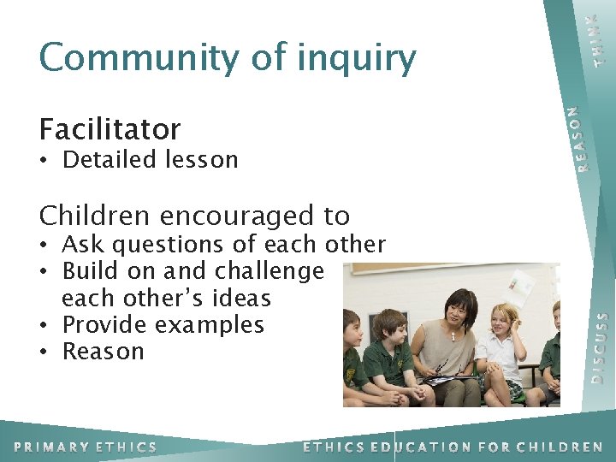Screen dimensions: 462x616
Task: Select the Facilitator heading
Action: click(x=110, y=129)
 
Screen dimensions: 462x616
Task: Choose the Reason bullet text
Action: click(x=104, y=352)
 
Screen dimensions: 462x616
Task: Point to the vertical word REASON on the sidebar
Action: click(x=580, y=137)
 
